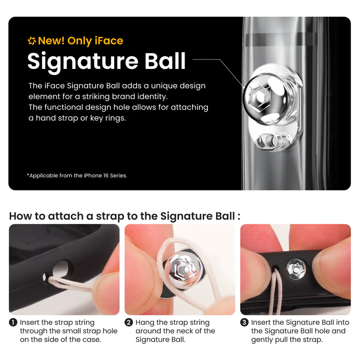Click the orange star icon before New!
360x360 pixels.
(x=32, y=41)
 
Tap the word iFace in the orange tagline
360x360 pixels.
(x=109, y=40)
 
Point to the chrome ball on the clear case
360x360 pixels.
(x=265, y=98)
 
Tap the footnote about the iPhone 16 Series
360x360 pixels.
(x=77, y=175)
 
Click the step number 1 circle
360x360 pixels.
(x=13, y=322)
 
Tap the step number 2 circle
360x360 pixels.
(x=129, y=322)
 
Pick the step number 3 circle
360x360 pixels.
(x=244, y=322)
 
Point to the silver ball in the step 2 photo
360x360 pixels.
(x=184, y=269)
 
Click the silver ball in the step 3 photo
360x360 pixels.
(x=296, y=269)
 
